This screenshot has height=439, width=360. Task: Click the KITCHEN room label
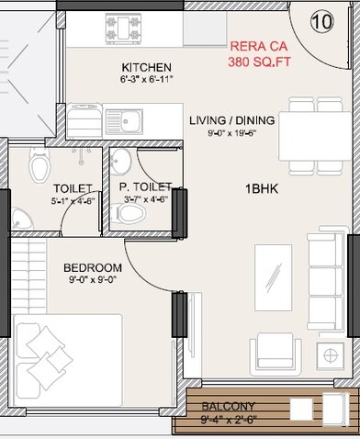[147, 68]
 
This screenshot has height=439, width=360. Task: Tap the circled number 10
[321, 19]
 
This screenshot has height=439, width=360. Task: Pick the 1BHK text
[260, 189]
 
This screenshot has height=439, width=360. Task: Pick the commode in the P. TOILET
[133, 214]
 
